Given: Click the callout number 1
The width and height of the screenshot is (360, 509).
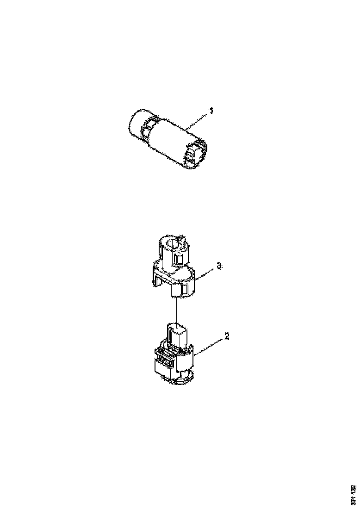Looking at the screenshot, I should (211, 111).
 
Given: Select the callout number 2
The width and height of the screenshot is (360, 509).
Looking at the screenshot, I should (226, 337).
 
